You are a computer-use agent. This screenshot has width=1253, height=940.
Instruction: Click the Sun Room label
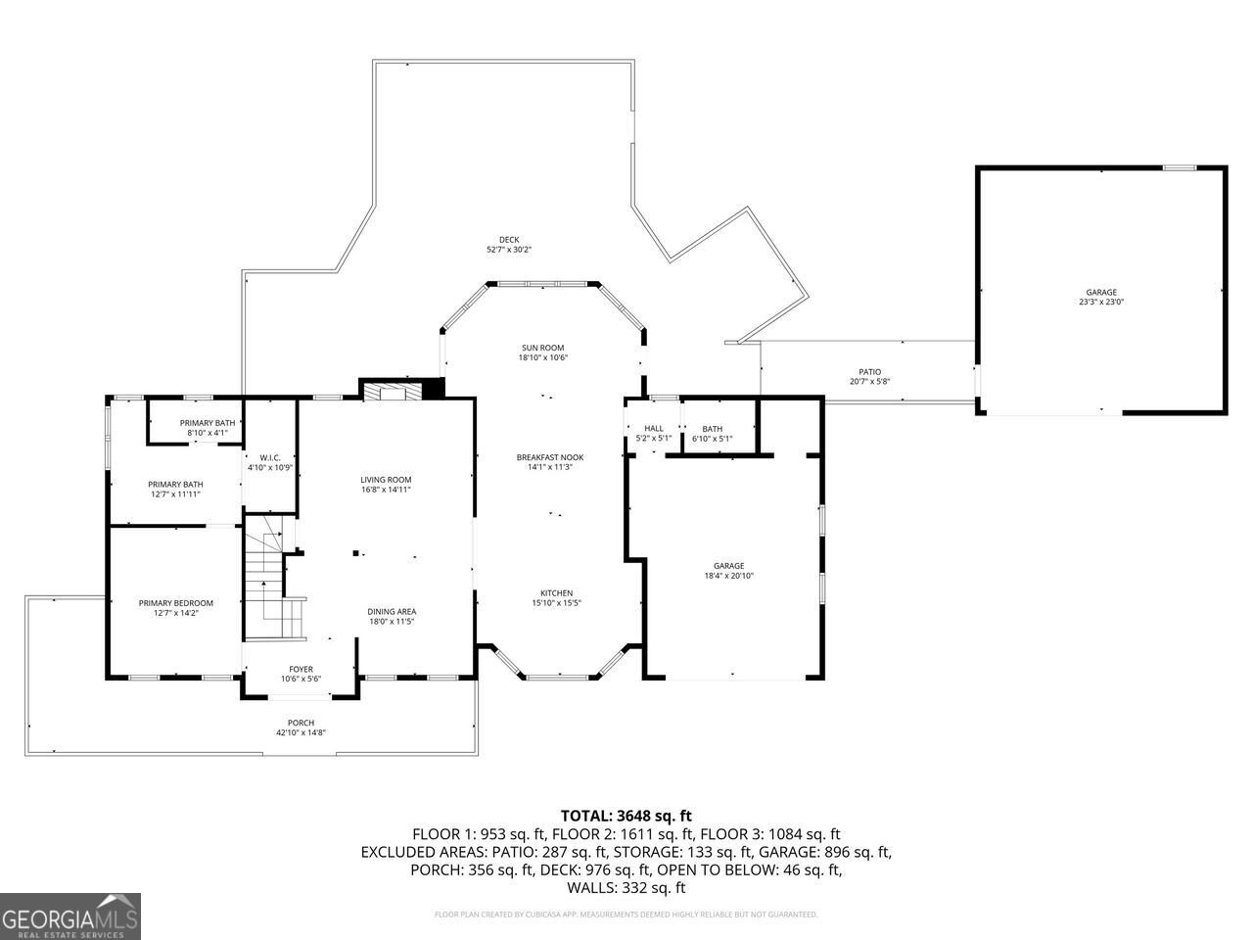[542, 348]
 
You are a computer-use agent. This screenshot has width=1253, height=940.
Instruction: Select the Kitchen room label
[557, 593]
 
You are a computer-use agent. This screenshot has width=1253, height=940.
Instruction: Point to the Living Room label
[385, 479]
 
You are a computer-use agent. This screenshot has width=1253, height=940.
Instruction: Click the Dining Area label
[392, 612]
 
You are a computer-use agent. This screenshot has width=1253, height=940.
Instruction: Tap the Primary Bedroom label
[175, 603]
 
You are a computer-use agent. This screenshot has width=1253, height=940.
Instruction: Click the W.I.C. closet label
[270, 457]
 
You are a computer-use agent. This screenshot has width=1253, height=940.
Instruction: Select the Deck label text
[509, 240]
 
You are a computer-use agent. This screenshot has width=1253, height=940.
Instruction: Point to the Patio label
[869, 372]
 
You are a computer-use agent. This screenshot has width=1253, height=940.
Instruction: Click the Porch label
[301, 723]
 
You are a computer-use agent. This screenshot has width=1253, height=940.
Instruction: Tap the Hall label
[654, 428]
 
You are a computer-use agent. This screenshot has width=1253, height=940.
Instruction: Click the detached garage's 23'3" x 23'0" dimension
[1100, 303]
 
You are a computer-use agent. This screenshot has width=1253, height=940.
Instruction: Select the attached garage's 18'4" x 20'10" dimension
[728, 576]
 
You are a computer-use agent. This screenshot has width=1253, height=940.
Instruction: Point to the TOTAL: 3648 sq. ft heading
[626, 815]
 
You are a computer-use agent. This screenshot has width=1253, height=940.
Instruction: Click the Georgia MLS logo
[70, 916]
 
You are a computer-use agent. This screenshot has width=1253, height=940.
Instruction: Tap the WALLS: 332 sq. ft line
[626, 888]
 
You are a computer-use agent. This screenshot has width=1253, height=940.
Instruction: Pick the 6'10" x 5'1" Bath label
[712, 439]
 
